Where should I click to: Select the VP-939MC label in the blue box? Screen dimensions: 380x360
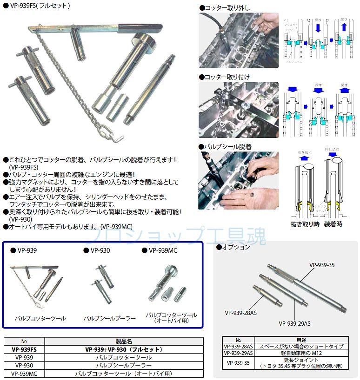pyautogui.click(x=161, y=250)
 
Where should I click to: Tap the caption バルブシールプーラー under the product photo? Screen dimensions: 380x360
pyautogui.click(x=110, y=318)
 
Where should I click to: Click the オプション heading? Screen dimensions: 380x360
pyautogui.click(x=237, y=247)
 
